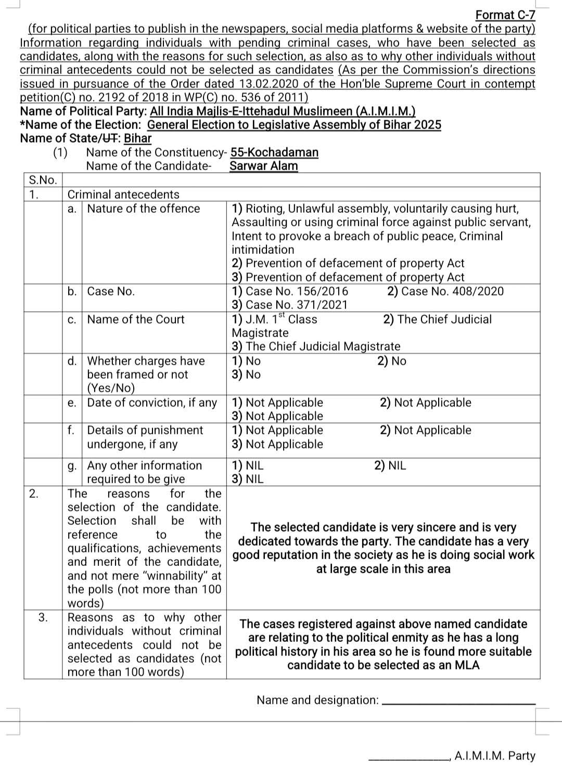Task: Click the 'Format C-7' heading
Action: (505, 15)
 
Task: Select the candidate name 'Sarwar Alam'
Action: (264, 166)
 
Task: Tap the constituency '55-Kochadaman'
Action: (274, 152)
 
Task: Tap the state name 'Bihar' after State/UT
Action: (137, 138)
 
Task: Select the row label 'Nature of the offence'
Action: (144, 209)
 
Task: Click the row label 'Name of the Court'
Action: (136, 319)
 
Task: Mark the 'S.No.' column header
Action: (43, 180)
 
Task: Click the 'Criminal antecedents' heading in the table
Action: (123, 195)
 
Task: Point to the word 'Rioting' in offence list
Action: (264, 209)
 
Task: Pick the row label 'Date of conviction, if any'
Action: (152, 403)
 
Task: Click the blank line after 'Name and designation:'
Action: (458, 704)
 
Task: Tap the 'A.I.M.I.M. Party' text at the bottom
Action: (494, 756)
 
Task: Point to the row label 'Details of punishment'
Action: (145, 430)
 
